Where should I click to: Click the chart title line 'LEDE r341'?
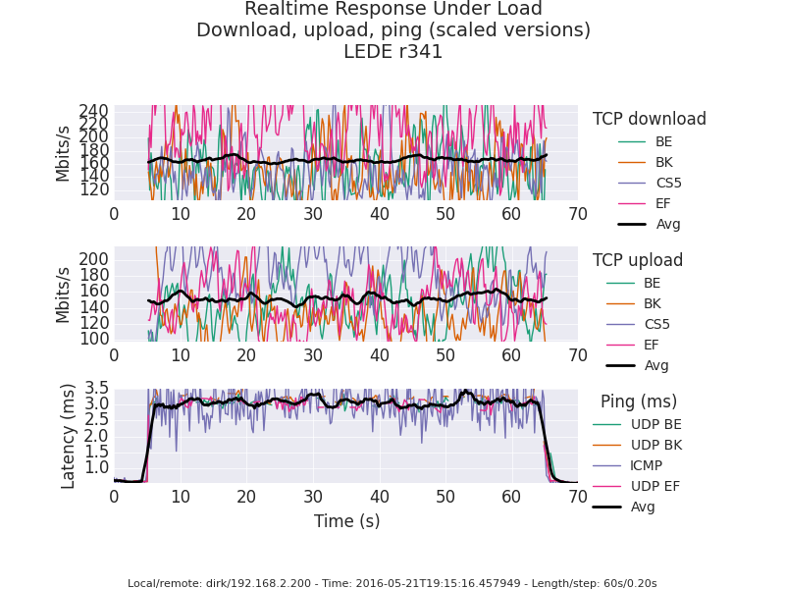392,52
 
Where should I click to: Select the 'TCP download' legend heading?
649,119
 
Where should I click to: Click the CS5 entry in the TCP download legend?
668,183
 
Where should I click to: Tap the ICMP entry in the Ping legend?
646,465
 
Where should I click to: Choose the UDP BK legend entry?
655,445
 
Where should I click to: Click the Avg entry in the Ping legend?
643,507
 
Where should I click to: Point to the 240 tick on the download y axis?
94,112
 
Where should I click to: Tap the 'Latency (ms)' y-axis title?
69,436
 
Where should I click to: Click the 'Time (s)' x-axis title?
346,521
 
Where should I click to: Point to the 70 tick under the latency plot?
577,497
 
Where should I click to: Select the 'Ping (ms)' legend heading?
639,402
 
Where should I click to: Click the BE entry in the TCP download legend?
664,141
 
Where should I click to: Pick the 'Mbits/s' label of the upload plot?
64,294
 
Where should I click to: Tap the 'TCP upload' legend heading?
637,260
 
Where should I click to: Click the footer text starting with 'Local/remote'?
392,583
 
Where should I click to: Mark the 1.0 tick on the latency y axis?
96,466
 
